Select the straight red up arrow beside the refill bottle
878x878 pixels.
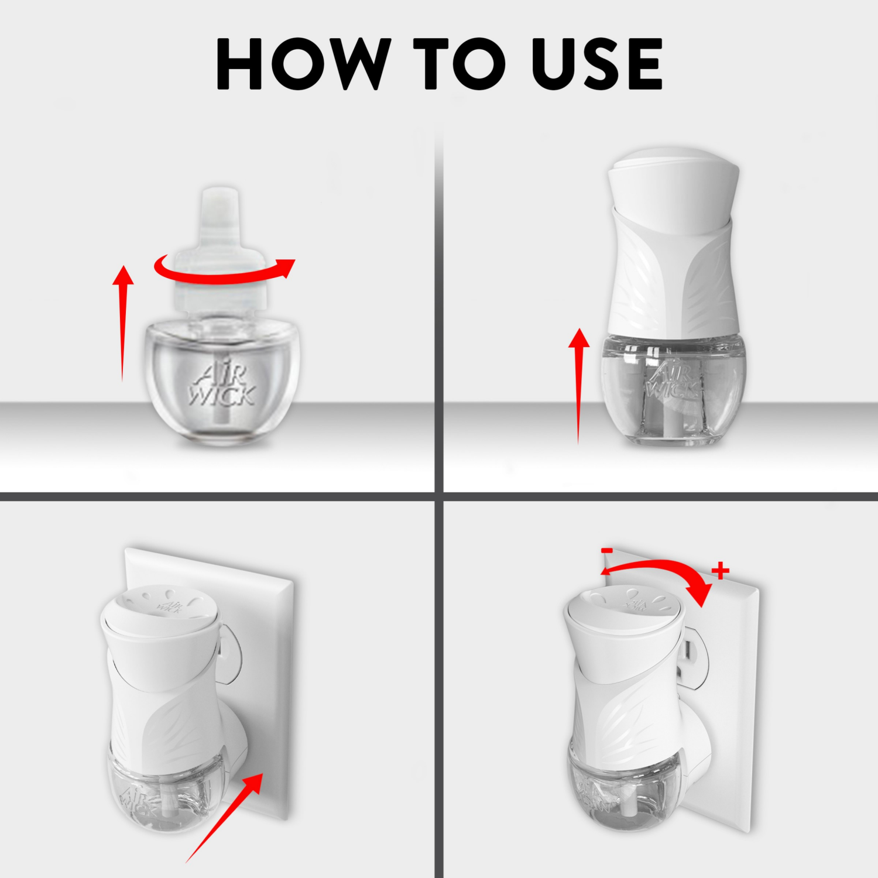[x=123, y=322]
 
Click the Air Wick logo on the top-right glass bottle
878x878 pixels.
[x=673, y=380]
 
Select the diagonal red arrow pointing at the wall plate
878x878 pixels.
[x=225, y=817]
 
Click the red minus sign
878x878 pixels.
[x=607, y=550]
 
